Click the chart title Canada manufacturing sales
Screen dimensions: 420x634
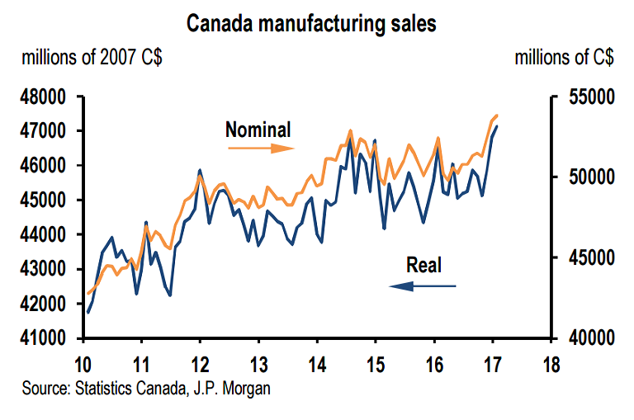pyautogui.click(x=311, y=24)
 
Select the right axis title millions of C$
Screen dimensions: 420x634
pyautogui.click(x=564, y=59)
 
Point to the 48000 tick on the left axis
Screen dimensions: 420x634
pyautogui.click(x=42, y=97)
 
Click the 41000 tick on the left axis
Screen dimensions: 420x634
pyautogui.click(x=42, y=338)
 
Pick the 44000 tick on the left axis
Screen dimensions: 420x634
pyautogui.click(x=42, y=235)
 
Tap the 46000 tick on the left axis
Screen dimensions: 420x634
pyautogui.click(x=42, y=166)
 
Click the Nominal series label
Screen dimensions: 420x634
pyautogui.click(x=258, y=130)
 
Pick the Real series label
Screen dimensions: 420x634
pyautogui.click(x=424, y=265)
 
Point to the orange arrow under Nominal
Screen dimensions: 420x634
pyautogui.click(x=260, y=149)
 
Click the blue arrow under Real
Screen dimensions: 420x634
pyautogui.click(x=423, y=286)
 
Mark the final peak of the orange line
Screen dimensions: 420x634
pyautogui.click(x=497, y=115)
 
